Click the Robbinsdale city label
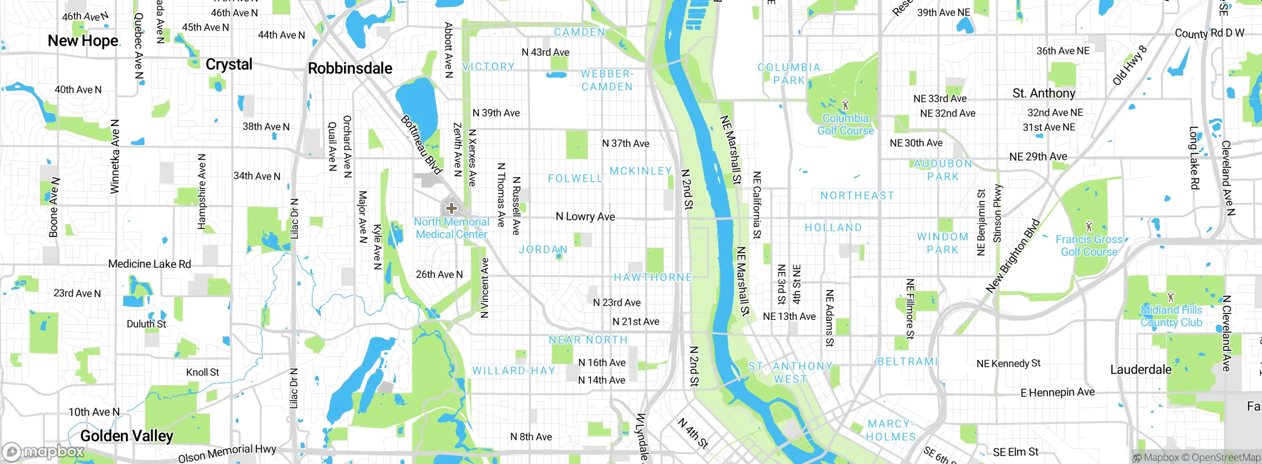[x=350, y=68]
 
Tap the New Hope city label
[x=83, y=40]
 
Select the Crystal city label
[x=229, y=64]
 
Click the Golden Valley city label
[x=127, y=436]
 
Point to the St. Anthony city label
[x=1044, y=93]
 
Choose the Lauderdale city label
[x=1141, y=369]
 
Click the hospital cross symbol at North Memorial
[x=451, y=208]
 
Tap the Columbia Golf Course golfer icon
[x=846, y=105]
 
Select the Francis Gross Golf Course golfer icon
[x=1089, y=227]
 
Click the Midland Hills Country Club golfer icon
[x=1171, y=297]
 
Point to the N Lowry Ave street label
[x=585, y=217]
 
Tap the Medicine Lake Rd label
[x=149, y=264]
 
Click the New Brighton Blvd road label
[x=1013, y=256]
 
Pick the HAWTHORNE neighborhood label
[x=653, y=277]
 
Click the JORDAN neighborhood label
[x=543, y=250]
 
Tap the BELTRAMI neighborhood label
[x=908, y=361]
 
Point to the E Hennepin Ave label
[x=1057, y=392]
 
